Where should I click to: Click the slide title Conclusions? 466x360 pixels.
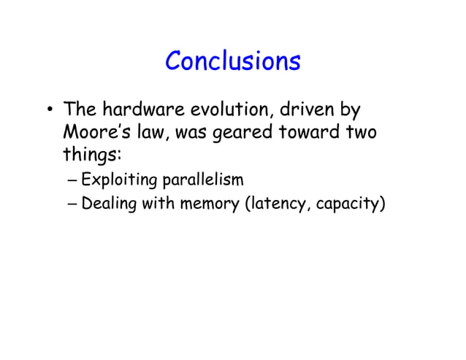pyautogui.click(x=232, y=61)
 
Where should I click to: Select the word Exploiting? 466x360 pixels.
pyautogui.click(x=118, y=180)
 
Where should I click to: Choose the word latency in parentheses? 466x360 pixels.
pyautogui.click(x=277, y=203)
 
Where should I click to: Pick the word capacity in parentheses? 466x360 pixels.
pyautogui.click(x=349, y=203)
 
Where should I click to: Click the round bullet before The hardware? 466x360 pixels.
pyautogui.click(x=49, y=112)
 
